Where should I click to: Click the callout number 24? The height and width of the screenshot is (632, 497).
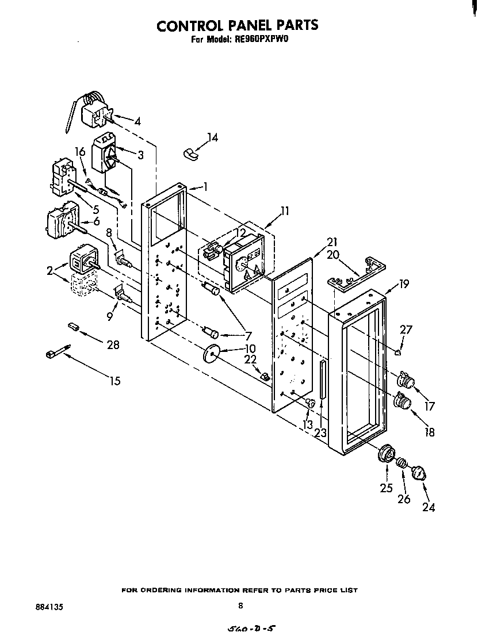429,507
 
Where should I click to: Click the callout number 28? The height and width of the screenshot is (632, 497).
113,344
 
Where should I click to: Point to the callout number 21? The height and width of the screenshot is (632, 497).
331,242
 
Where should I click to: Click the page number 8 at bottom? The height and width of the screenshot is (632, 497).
241,606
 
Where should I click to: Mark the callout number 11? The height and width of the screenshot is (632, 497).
285,210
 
